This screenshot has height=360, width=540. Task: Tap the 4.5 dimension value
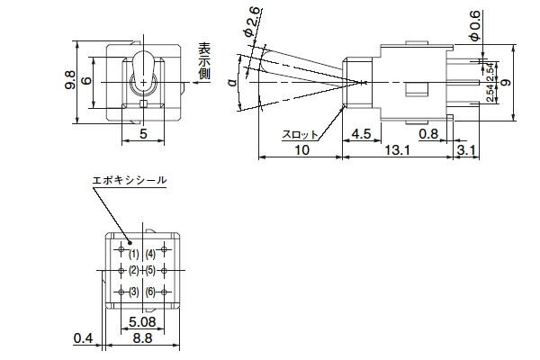360,133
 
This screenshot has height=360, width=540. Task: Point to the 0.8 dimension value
428,133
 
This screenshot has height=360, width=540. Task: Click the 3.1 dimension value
466,150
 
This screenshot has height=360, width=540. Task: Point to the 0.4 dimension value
83,338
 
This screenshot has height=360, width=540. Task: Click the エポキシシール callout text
130,181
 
